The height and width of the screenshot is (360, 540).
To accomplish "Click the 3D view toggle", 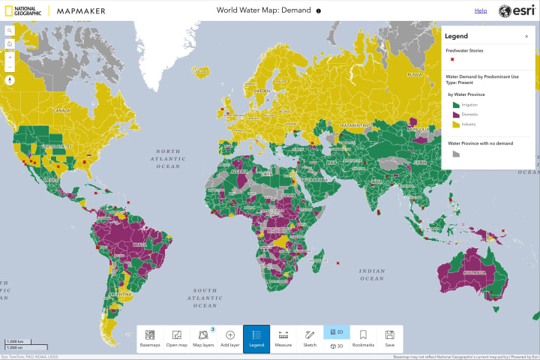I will [x=337, y=346].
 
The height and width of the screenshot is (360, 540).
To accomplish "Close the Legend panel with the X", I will [x=526, y=36].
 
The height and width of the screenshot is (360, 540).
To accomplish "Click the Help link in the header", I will [x=481, y=11].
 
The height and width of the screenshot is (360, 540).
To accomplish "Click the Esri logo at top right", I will [x=515, y=11].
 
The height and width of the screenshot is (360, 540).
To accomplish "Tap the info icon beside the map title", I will [x=319, y=11].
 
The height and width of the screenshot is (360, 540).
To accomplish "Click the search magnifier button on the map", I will [x=10, y=31].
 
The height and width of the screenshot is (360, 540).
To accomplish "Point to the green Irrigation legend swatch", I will [x=454, y=106].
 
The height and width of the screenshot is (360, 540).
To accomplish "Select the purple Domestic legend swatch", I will [x=454, y=115].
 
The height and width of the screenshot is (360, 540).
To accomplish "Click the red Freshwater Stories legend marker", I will [x=452, y=59].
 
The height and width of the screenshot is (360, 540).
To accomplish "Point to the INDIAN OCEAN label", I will [x=371, y=274].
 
